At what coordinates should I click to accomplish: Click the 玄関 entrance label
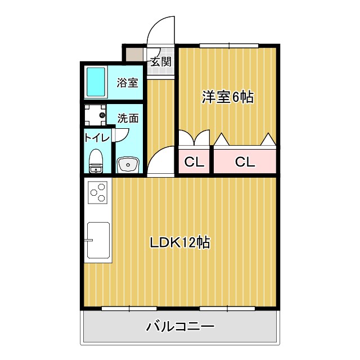(161, 61)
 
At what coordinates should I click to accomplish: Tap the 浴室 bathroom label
(127, 83)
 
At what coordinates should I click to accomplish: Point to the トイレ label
(96, 136)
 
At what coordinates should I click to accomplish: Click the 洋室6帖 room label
(228, 97)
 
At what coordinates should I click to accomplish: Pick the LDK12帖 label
(179, 243)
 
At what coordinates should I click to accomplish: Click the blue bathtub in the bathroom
(96, 82)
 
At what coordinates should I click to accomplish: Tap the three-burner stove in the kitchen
(98, 192)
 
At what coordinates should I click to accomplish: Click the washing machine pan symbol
(94, 115)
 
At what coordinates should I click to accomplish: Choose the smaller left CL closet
(194, 163)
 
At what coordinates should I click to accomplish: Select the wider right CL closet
(245, 163)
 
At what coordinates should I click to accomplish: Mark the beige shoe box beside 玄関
(134, 55)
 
